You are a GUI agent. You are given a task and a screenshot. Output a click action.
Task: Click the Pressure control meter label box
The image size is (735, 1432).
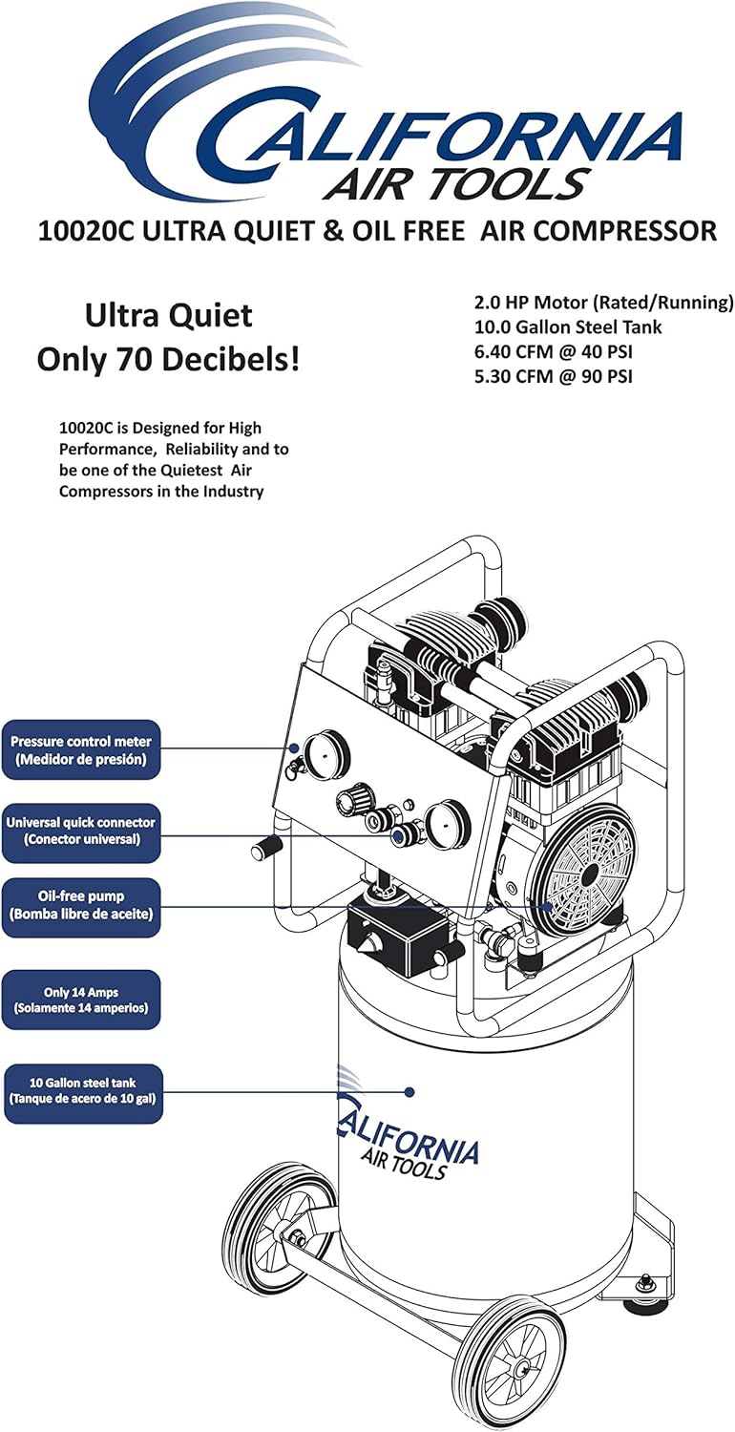coord(81,749)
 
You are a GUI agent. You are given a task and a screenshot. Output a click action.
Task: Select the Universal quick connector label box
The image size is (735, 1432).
coord(81,831)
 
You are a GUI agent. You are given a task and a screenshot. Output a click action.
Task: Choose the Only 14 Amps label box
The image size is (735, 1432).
coord(81,1000)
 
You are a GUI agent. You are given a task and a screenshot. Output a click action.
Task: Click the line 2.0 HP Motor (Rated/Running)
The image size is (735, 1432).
coord(603,303)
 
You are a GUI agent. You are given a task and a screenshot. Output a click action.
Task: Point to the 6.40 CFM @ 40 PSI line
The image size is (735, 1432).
coord(554,352)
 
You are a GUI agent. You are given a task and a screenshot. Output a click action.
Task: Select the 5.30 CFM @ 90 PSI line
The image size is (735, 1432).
coord(554,376)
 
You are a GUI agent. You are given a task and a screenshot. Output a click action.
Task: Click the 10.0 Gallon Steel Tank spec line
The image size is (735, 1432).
coord(568,327)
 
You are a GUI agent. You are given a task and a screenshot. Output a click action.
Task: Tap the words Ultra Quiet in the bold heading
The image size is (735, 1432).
coord(168,315)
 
